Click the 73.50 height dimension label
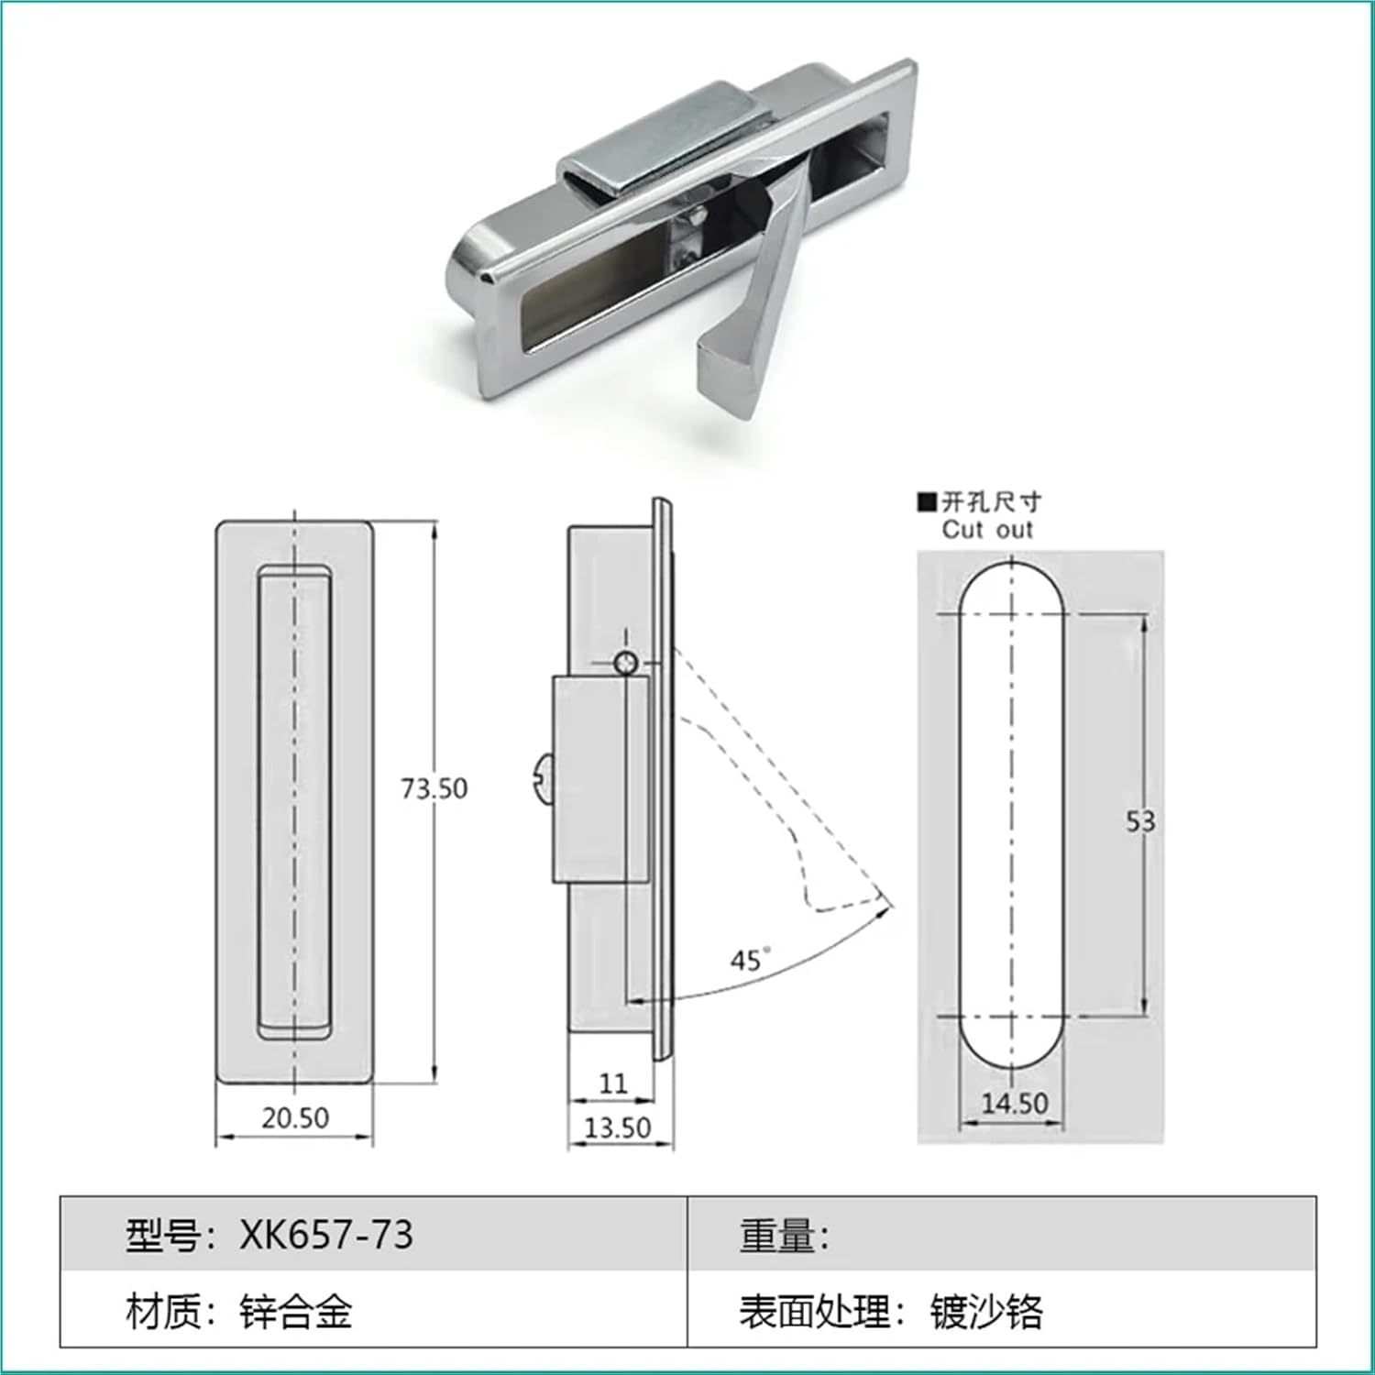tap(434, 788)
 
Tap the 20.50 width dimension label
tap(294, 1117)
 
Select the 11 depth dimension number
tap(612, 1083)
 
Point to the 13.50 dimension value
tap(617, 1127)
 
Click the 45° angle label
tap(748, 960)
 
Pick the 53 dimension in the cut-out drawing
tap(1140, 821)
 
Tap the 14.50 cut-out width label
tap(1014, 1103)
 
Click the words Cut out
tap(986, 530)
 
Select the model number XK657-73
tap(326, 1235)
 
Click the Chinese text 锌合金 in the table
tap(295, 1312)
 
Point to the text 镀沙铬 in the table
tap(986, 1312)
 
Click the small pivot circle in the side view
tap(626, 663)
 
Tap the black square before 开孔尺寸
tap(927, 501)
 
